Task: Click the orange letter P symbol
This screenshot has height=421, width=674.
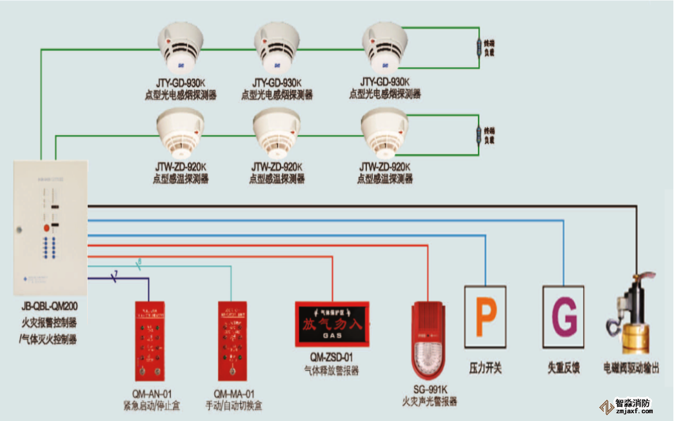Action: (486, 317)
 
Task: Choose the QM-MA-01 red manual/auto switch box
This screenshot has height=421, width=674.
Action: (233, 340)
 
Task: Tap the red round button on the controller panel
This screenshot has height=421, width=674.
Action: (46, 228)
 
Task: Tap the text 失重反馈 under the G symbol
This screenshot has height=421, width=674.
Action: (564, 369)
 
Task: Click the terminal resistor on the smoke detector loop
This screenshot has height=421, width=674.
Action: (479, 48)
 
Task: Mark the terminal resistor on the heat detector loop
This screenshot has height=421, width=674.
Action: (479, 135)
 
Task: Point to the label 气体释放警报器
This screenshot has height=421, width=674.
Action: (332, 371)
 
